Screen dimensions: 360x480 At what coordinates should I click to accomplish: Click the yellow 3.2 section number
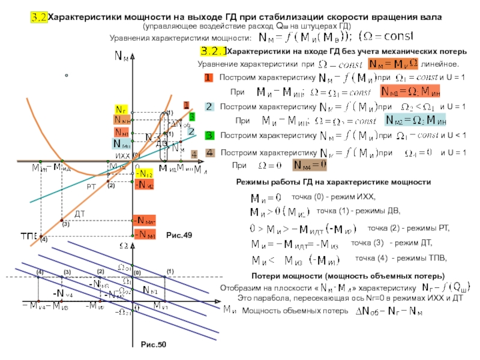pos(39,17)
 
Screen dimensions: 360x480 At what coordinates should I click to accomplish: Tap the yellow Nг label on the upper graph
pos(120,109)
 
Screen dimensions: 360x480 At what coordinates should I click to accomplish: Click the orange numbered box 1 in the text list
pos(208,78)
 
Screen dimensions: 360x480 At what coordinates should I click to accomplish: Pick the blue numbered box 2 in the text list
pos(209,107)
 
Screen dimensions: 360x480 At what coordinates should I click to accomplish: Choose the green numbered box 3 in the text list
pos(209,135)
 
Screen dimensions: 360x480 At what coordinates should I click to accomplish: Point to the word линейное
pos(441,63)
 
